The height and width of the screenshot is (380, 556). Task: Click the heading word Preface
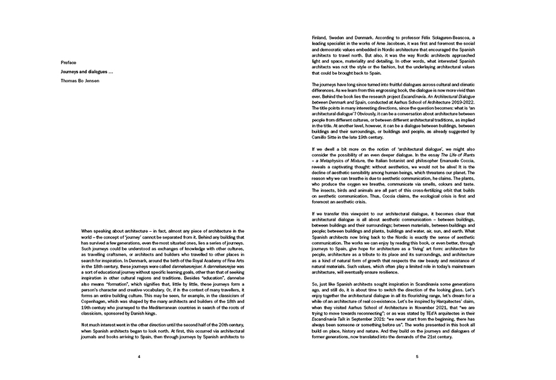(x=68, y=62)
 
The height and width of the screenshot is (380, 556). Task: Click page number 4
(x=139, y=356)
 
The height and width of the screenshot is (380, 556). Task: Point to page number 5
(x=417, y=356)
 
